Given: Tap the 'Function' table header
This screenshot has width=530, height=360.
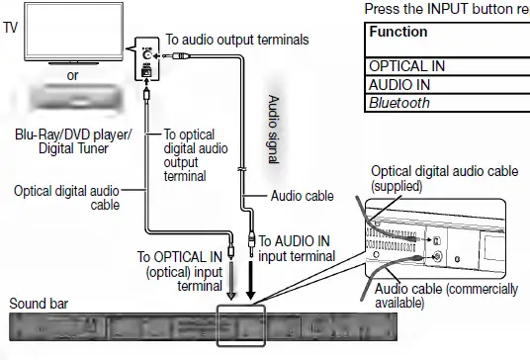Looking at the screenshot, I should pyautogui.click(x=398, y=33).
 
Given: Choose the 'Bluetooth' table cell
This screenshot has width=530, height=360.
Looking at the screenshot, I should pyautogui.click(x=400, y=102).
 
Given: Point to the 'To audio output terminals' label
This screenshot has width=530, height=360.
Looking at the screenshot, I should pyautogui.click(x=238, y=40).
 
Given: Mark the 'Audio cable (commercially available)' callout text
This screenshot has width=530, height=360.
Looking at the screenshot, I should pyautogui.click(x=446, y=295).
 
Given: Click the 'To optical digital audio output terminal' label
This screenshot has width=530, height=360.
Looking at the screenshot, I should pyautogui.click(x=196, y=155).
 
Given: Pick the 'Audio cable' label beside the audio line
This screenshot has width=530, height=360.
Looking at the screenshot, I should pyautogui.click(x=303, y=196).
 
